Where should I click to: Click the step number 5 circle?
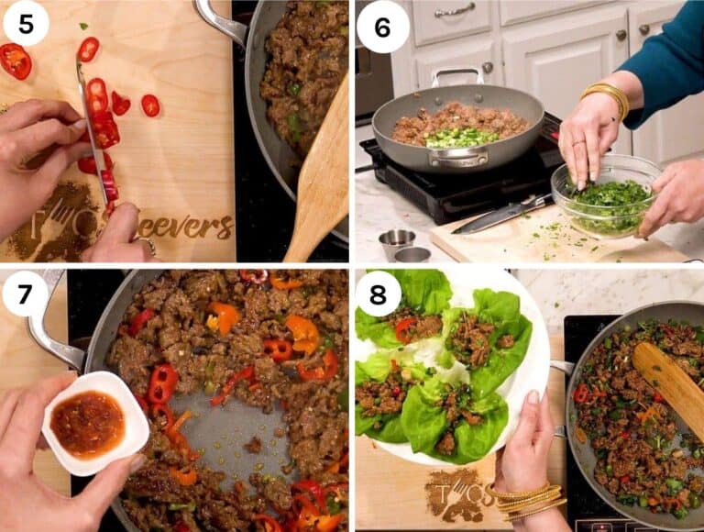click(26, 25)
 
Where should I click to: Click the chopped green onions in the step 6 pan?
click(462, 138)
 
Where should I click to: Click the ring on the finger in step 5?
click(146, 245)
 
